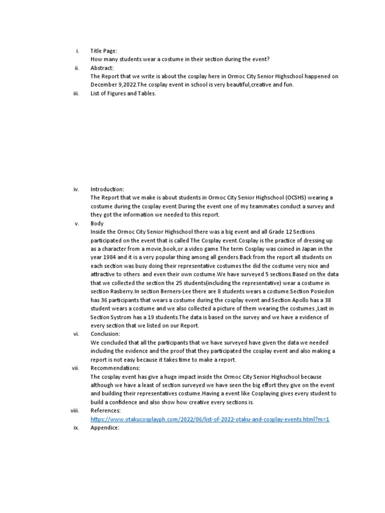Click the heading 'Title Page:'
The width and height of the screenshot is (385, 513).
[x=103, y=51]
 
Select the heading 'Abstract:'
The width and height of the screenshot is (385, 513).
[x=102, y=68]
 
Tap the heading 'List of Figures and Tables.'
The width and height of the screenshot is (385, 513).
[x=123, y=93]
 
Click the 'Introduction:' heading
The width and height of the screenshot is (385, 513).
[x=107, y=189]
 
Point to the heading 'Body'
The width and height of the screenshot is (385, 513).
[x=97, y=223]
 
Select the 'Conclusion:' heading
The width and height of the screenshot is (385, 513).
[x=105, y=334]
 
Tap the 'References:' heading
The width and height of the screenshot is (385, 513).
[x=105, y=410]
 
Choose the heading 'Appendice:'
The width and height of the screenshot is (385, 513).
[x=105, y=427]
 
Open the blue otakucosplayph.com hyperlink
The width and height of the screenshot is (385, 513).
[x=210, y=419]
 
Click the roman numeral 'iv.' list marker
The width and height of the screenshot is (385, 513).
[x=76, y=189]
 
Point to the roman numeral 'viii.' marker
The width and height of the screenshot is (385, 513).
[x=75, y=410]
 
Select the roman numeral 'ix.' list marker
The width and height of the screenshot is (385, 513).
[x=77, y=427]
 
